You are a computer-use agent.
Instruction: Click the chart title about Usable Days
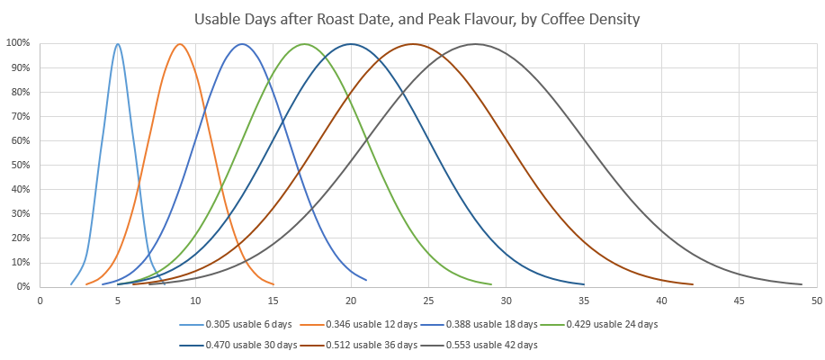[x=413, y=18]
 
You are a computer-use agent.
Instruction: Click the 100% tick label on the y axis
[x=18, y=43]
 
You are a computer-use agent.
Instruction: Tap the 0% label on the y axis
[x=22, y=287]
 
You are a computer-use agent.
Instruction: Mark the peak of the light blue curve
[x=118, y=43]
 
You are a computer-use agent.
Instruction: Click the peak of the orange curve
[x=180, y=43]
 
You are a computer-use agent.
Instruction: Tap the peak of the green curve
[x=304, y=43]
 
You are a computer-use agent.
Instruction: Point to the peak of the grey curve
[x=475, y=43]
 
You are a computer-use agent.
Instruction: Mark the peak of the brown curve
[x=413, y=43]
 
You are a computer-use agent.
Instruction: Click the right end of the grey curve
[x=801, y=284]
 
